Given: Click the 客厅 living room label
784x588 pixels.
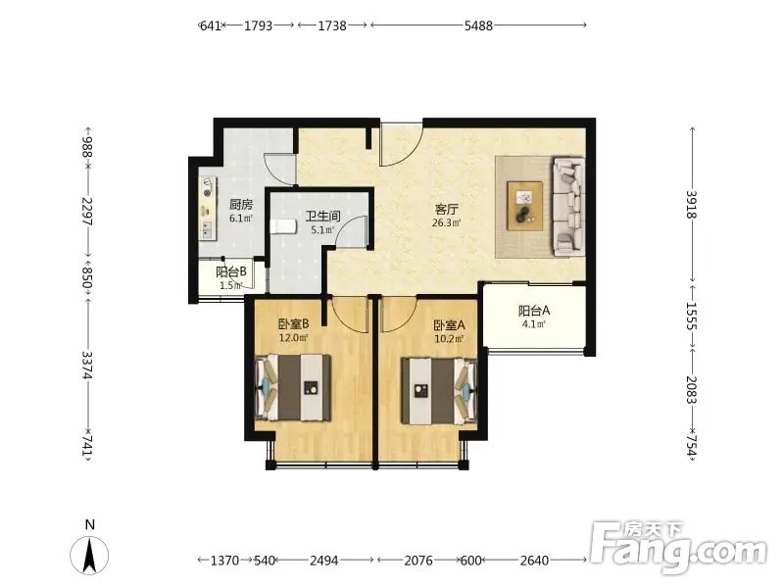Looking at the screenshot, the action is click(447, 209).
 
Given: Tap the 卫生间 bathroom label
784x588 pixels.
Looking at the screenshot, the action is click(323, 216).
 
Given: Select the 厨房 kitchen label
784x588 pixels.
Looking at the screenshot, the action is click(241, 204).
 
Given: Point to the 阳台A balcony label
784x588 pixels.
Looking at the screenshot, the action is click(534, 311).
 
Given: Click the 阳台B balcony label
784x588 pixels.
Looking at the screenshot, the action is click(231, 272).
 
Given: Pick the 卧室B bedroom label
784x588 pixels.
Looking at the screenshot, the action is click(293, 324).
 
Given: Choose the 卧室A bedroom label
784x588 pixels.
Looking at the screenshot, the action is click(449, 325).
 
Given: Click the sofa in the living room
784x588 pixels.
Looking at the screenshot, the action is click(568, 204).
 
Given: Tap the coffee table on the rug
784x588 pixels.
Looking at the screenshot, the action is click(524, 206).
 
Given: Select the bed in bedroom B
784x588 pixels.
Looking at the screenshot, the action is click(293, 387).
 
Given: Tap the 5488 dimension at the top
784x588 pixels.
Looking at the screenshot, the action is click(478, 25).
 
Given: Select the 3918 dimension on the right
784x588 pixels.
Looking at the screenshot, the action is click(692, 204).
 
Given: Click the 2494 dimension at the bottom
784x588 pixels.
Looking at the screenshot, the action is click(324, 561).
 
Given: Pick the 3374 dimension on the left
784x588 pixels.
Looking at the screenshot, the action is click(87, 365).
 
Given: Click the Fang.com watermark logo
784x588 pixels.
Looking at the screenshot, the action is click(679, 547).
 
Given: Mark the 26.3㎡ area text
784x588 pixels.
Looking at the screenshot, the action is click(447, 223).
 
